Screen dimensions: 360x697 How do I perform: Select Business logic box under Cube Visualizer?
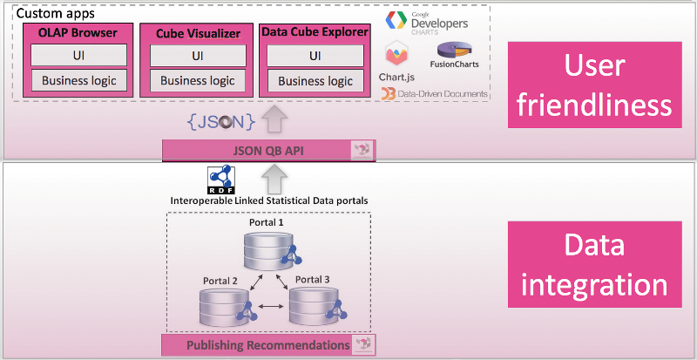197,81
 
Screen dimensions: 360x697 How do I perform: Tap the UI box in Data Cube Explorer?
314,56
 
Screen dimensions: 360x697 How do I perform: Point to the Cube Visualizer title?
198,33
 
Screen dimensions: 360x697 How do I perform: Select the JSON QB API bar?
268,150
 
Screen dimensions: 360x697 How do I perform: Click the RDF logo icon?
220,180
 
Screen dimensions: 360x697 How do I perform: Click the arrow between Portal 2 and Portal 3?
268,307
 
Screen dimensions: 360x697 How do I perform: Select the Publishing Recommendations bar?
268,345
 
